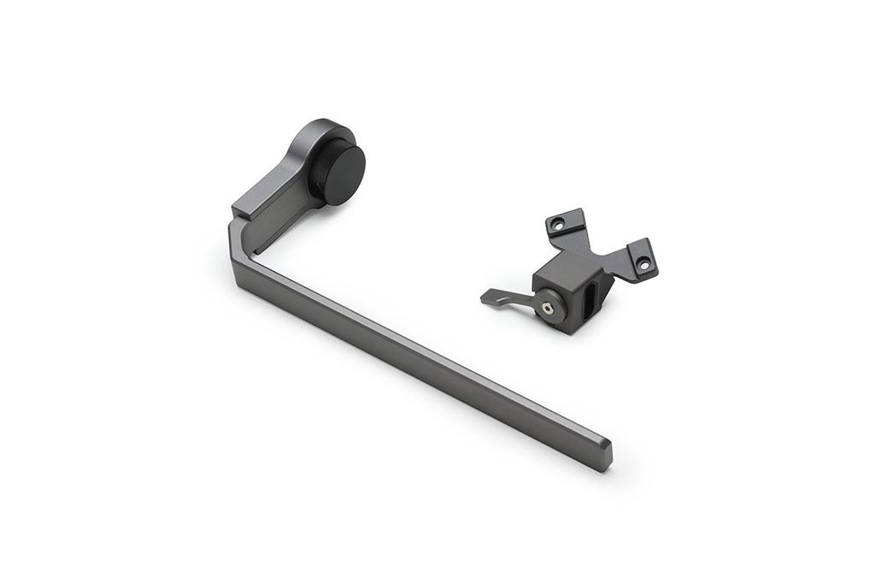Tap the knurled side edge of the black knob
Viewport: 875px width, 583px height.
click(x=319, y=175)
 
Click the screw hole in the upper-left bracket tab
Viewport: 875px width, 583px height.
click(x=558, y=224)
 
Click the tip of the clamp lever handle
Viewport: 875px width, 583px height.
click(x=486, y=297)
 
